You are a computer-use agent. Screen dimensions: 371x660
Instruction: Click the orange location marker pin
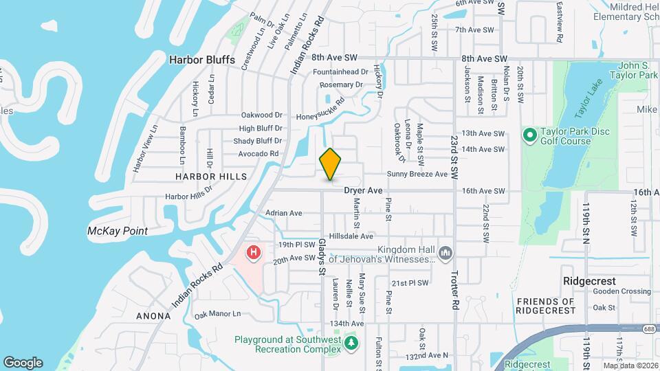click(331, 164)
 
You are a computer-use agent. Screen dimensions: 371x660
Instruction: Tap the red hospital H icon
click(254, 254)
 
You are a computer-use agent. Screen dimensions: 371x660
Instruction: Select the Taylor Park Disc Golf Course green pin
click(529, 135)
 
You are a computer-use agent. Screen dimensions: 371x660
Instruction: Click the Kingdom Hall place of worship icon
click(446, 254)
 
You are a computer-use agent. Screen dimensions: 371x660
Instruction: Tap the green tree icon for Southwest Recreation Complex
click(351, 342)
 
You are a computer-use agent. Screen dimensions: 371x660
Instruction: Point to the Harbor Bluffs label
click(202, 60)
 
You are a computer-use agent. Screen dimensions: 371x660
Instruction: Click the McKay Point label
click(118, 231)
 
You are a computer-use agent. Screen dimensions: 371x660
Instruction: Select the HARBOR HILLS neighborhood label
click(210, 177)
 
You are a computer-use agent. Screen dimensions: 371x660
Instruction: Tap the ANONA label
click(153, 316)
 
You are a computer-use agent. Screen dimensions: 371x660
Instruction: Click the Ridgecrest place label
click(589, 282)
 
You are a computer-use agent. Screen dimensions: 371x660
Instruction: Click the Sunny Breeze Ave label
click(417, 175)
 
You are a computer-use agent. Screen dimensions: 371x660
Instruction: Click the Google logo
click(23, 362)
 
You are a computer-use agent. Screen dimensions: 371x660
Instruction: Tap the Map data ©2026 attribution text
click(630, 366)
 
